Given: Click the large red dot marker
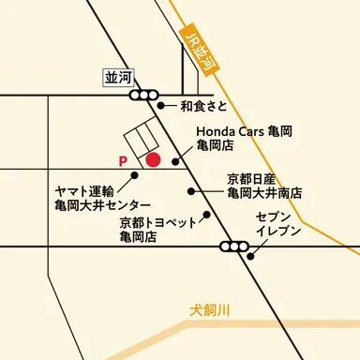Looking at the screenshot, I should pos(154,160).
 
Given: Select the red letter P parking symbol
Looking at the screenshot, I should pos(123,161).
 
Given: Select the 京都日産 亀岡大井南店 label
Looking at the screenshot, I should pos(264,185).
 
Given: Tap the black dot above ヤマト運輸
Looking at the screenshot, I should pos(135,174).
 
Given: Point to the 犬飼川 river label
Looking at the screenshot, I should pos(209,307).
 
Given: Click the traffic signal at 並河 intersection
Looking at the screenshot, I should pos(144,95).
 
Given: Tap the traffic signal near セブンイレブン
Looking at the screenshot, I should pos(231,247).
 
